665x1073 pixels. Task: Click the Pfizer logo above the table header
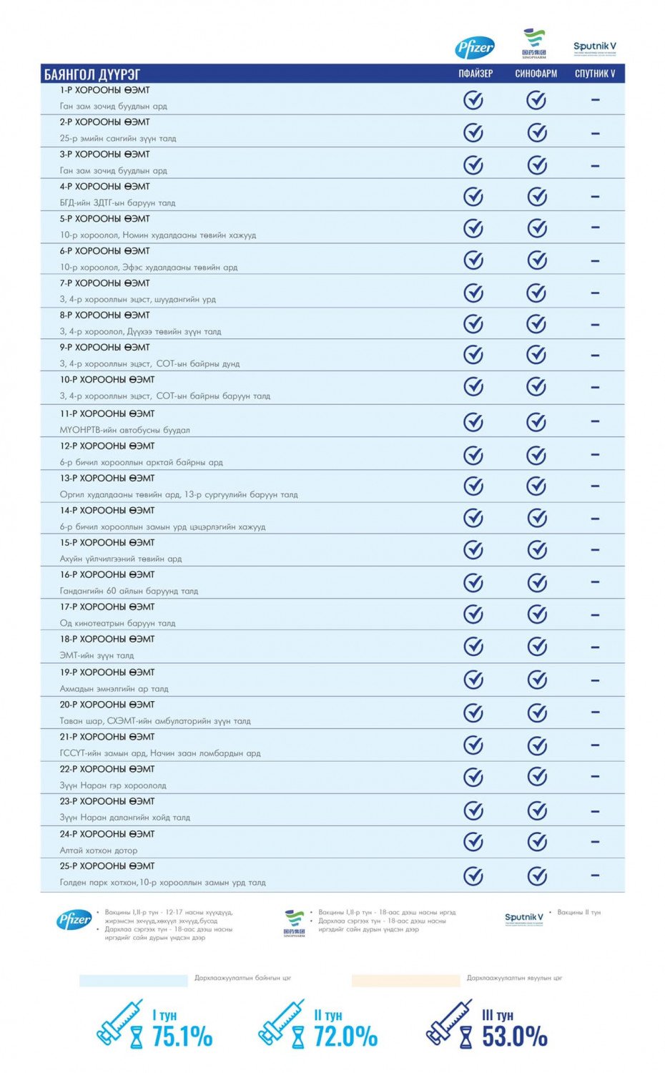pyautogui.click(x=475, y=48)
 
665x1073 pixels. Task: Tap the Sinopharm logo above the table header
pyautogui.click(x=534, y=44)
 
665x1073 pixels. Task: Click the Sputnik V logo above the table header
pyautogui.click(x=594, y=47)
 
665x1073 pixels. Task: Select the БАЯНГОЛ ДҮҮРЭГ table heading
pyautogui.click(x=92, y=74)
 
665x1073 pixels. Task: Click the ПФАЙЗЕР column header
pyautogui.click(x=476, y=74)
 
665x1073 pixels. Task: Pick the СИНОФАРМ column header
pyautogui.click(x=536, y=74)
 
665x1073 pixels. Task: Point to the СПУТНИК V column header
pyautogui.click(x=595, y=74)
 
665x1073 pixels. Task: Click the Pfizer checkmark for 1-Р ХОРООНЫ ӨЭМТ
pyautogui.click(x=473, y=100)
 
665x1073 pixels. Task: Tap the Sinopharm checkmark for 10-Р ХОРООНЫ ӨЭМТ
pyautogui.click(x=536, y=387)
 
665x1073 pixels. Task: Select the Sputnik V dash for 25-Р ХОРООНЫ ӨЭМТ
pyautogui.click(x=595, y=875)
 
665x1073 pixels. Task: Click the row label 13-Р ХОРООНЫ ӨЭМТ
pyautogui.click(x=107, y=478)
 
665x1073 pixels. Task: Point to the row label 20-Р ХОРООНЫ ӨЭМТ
pyautogui.click(x=107, y=705)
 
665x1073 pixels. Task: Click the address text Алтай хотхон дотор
pyautogui.click(x=99, y=851)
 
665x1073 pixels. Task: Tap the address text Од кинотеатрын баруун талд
pyautogui.click(x=117, y=623)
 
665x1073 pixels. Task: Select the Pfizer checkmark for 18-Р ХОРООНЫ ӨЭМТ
pyautogui.click(x=473, y=647)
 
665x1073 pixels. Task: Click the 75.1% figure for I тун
pyautogui.click(x=182, y=1036)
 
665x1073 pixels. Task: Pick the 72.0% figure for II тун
pyautogui.click(x=345, y=1036)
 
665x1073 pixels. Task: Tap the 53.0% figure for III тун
pyautogui.click(x=514, y=1036)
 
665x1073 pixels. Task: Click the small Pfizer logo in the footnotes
pyautogui.click(x=74, y=921)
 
